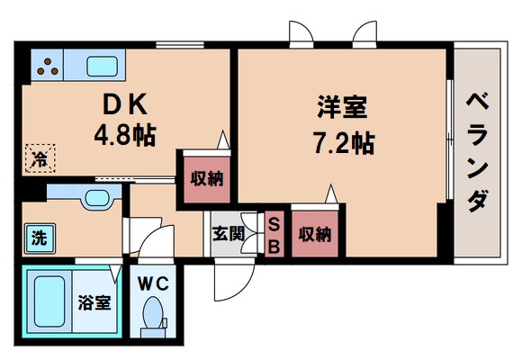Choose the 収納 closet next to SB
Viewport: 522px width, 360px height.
click(315, 235)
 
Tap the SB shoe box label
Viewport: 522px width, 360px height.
click(274, 235)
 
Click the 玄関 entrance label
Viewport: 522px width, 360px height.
click(228, 234)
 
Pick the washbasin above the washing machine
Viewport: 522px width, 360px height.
click(93, 201)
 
